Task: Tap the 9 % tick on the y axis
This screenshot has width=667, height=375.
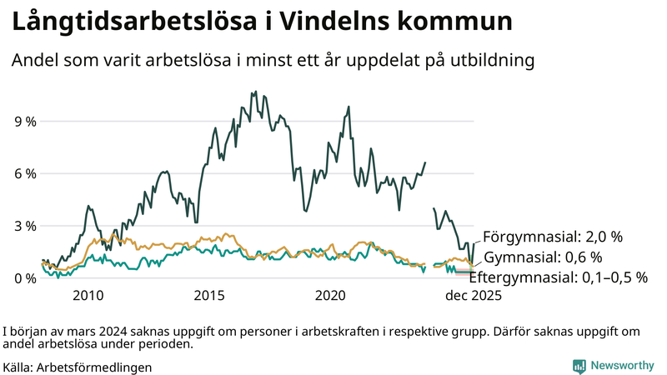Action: point(25,122)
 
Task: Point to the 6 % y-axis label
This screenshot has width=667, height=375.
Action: point(25,173)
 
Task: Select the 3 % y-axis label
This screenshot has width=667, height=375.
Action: point(25,226)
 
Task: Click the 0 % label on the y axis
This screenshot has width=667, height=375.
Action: point(25,277)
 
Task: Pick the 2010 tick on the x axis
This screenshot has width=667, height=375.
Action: point(88,296)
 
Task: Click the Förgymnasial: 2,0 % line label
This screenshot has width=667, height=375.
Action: point(553,236)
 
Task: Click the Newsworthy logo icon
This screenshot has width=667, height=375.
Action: point(579,366)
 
